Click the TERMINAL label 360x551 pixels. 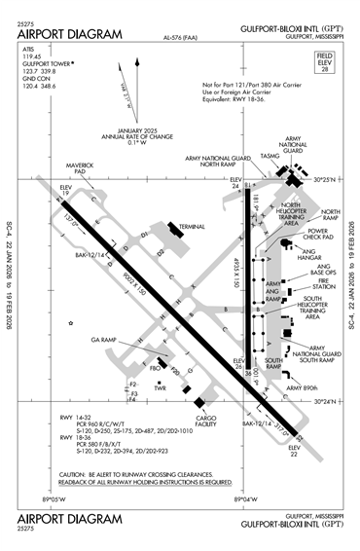[x=193, y=227]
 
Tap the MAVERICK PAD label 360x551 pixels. [x=80, y=169]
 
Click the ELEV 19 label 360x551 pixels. [x=66, y=191]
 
